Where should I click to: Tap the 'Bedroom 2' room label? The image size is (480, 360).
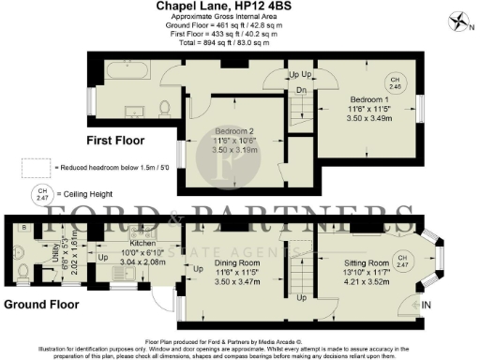tap(234, 130)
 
